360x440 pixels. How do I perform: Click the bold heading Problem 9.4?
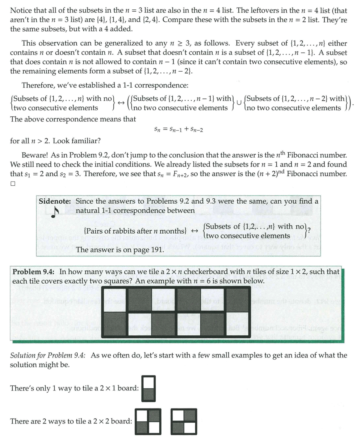pyautogui.click(x=34, y=272)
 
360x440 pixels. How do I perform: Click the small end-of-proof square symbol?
pyautogui.click(x=13, y=184)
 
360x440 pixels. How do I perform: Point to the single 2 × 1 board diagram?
pyautogui.click(x=149, y=389)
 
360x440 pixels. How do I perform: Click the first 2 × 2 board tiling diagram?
pyautogui.click(x=148, y=421)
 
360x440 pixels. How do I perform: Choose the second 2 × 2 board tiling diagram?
pyautogui.click(x=184, y=421)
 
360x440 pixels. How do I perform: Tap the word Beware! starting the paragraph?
pyautogui.click(x=35, y=155)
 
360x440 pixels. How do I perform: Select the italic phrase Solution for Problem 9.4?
pyautogui.click(x=48, y=355)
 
